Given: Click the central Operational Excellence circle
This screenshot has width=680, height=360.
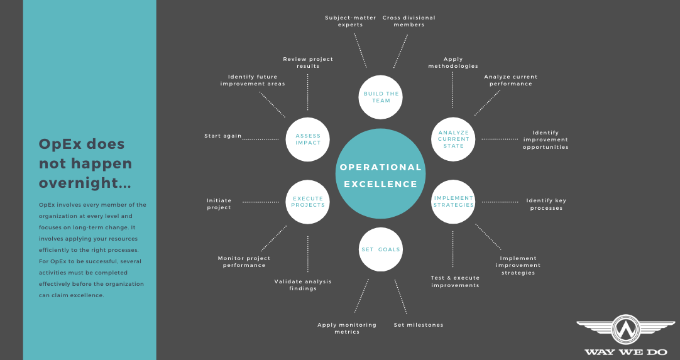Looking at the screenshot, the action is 380,173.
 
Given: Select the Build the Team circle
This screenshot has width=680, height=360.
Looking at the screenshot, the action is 380,97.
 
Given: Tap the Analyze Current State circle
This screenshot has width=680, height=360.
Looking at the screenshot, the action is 453,139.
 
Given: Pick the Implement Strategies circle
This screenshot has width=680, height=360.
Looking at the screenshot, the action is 453,202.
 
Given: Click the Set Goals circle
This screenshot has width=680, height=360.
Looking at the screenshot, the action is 380,249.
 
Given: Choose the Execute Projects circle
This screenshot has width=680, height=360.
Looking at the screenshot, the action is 307,202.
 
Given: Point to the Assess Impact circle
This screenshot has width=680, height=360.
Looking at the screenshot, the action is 307,139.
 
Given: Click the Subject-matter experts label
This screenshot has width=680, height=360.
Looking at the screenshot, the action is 351,21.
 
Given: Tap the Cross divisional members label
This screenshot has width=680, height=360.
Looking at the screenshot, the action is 409,21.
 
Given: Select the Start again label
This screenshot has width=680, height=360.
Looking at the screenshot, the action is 223,136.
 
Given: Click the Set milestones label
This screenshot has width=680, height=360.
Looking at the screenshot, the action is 419,325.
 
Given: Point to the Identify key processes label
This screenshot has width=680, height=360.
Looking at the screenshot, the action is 546,204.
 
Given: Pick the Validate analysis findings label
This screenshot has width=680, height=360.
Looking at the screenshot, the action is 303,285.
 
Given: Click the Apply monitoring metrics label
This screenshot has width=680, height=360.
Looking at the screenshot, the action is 347,329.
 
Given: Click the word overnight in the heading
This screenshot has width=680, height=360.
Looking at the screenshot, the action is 85,183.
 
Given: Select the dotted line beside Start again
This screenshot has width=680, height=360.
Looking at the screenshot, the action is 261,139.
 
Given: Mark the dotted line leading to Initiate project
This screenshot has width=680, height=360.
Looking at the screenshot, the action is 261,202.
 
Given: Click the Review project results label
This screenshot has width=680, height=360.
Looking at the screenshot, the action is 308,62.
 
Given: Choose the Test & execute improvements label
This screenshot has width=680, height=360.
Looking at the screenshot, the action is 456,281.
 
